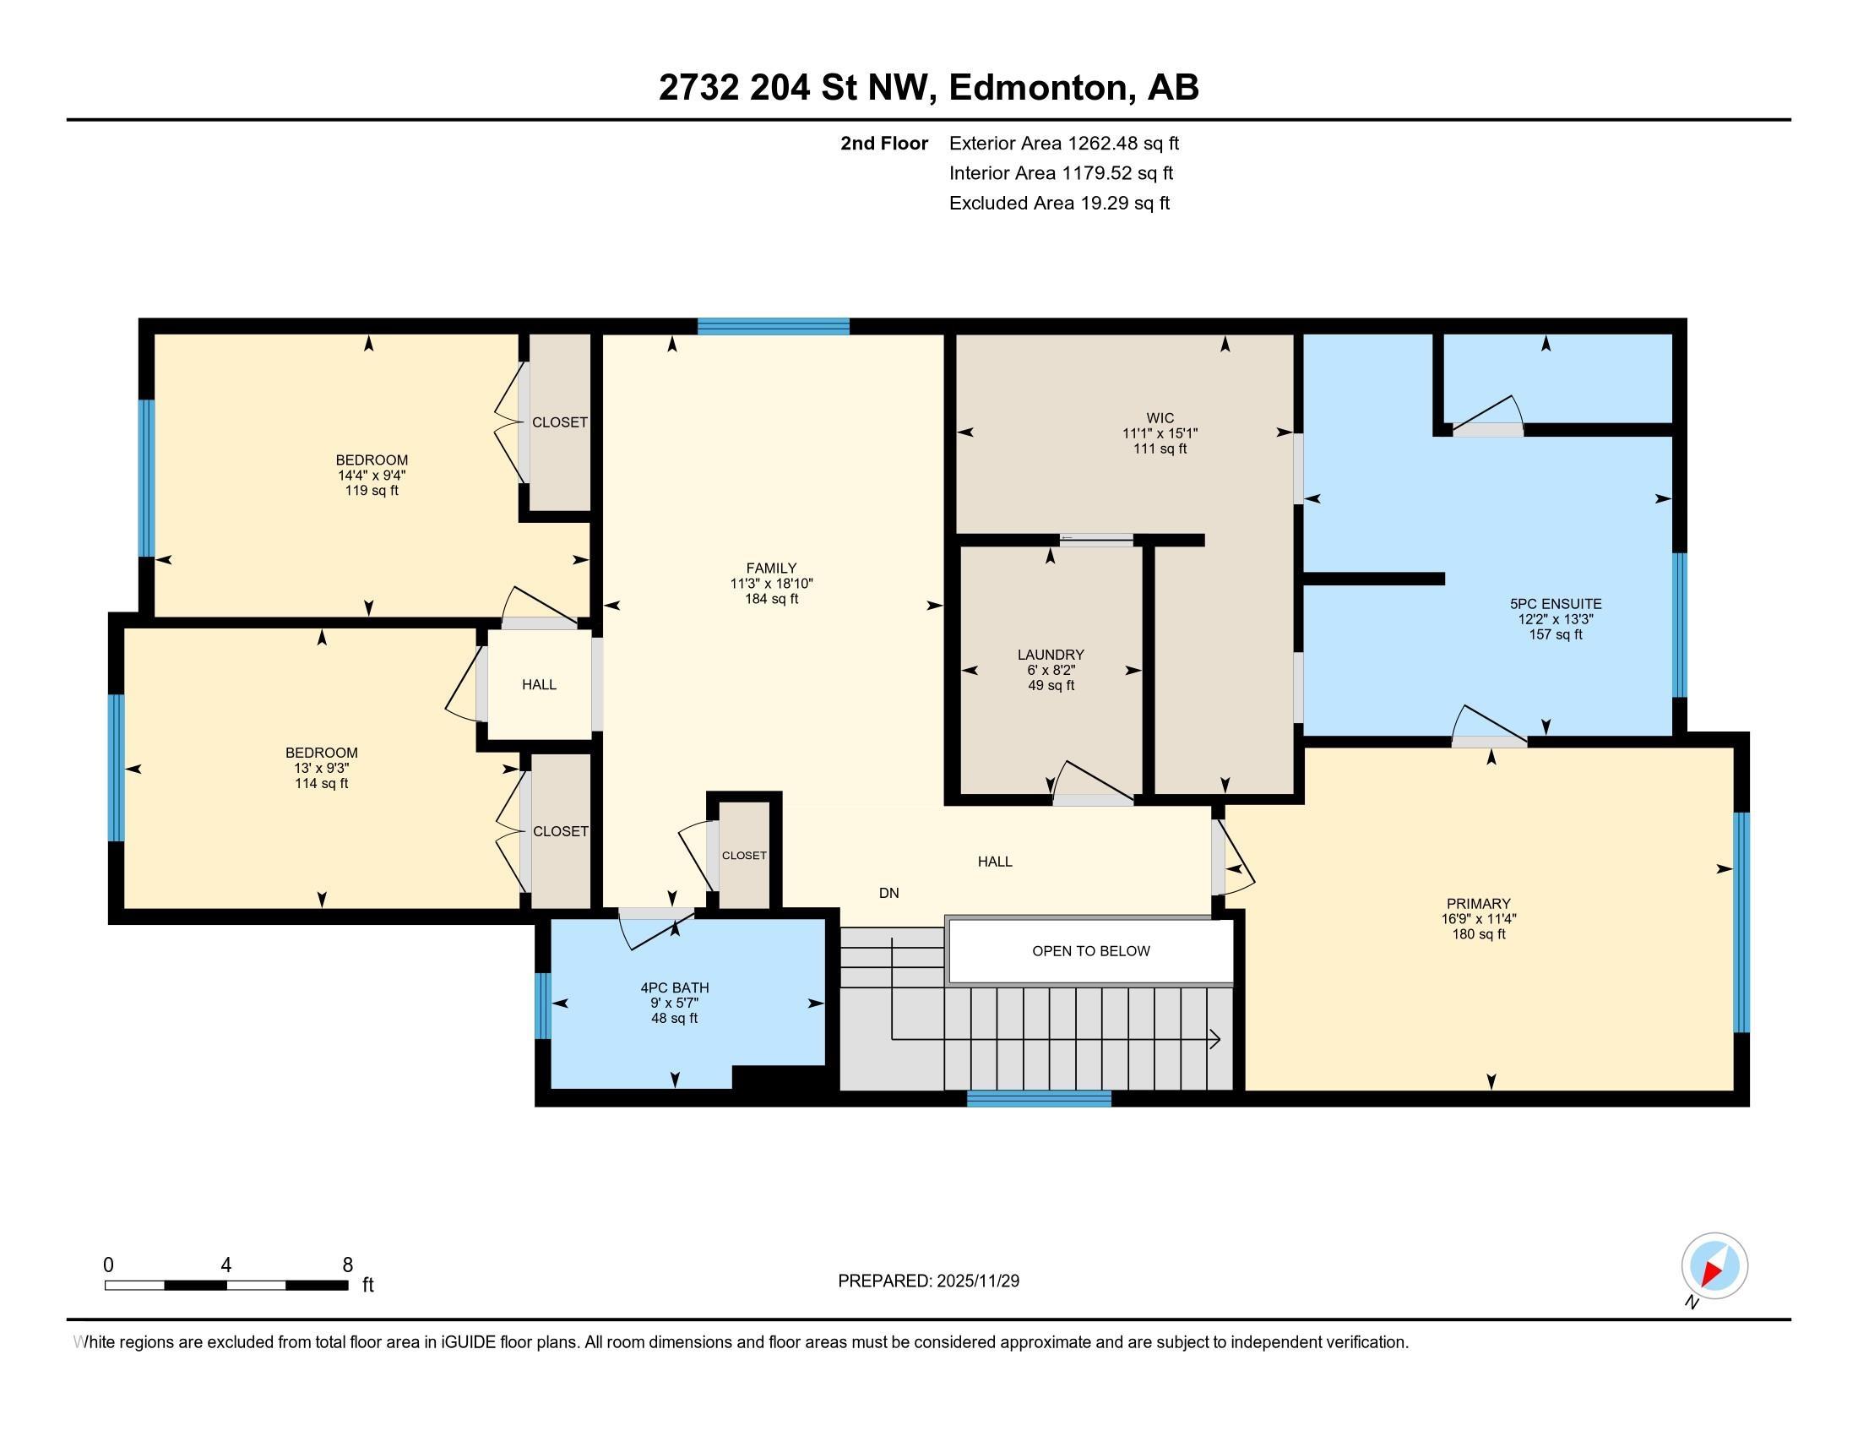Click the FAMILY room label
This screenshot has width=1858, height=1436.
[x=771, y=568]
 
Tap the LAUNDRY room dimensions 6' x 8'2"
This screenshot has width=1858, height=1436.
[x=1051, y=671]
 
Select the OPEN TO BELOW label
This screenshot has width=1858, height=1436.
[x=1090, y=951]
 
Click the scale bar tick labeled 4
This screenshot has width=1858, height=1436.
[x=225, y=1265]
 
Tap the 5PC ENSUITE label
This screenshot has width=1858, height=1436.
[x=1555, y=604]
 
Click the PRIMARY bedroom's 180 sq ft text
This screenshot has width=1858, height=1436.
[x=1479, y=934]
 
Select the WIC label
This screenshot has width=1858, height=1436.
[x=1160, y=417]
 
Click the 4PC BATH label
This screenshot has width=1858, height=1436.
[x=675, y=987]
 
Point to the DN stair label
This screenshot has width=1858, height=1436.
[x=889, y=892]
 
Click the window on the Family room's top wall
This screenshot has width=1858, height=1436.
[x=774, y=326]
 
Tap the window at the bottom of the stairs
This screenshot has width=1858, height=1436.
[x=1039, y=1099]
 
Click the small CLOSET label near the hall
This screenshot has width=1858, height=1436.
[x=744, y=855]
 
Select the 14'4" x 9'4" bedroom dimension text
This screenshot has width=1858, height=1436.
[x=372, y=476]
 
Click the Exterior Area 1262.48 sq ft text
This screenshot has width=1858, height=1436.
[x=1063, y=143]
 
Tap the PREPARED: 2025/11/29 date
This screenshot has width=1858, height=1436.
[x=928, y=1281]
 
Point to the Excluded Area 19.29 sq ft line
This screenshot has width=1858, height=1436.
[x=1059, y=203]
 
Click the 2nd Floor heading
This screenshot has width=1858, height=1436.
[x=884, y=143]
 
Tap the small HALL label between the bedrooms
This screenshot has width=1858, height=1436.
[x=540, y=684]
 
